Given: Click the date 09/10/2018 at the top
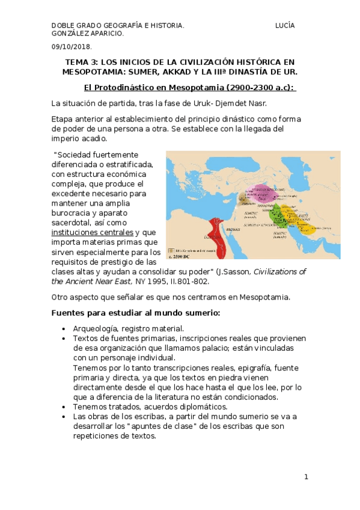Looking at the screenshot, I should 71,46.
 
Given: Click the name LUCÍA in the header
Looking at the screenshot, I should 285,25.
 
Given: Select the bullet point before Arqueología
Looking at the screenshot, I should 64,329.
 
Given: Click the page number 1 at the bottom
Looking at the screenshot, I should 306,477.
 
